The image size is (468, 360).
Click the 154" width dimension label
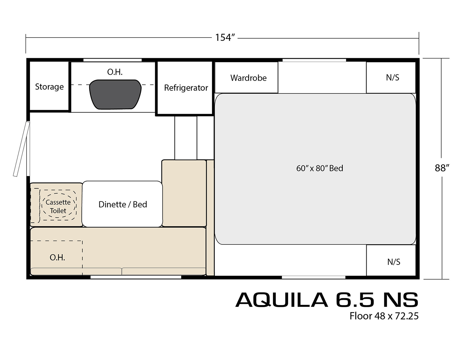tap(225, 38)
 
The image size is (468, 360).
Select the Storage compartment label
tap(49, 87)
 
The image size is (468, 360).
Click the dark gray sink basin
tap(115, 94)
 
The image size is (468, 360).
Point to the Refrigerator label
tap(186, 88)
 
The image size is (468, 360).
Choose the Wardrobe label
tap(248, 78)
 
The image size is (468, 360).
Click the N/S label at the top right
tap(393, 77)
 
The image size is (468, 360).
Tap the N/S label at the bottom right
tap(394, 262)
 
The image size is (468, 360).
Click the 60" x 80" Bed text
tap(320, 168)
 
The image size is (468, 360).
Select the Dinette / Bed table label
tap(123, 204)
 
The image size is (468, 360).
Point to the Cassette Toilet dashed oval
tap(58, 206)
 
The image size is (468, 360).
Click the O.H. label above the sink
tap(115, 72)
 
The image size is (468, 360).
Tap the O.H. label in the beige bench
tap(57, 258)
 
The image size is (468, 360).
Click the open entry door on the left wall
tap(21, 149)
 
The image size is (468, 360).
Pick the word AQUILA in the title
tap(282, 300)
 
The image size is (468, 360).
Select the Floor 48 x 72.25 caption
tap(384, 316)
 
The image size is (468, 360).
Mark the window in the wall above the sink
tap(112, 60)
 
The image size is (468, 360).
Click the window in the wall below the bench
tap(136, 277)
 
